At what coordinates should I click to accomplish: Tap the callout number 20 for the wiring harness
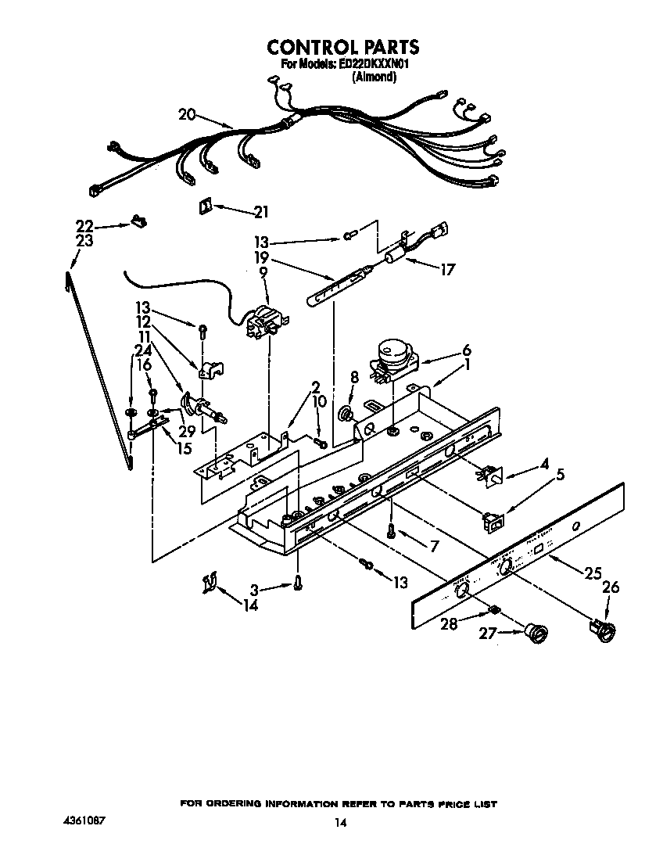point(186,114)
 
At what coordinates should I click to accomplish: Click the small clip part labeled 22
point(139,221)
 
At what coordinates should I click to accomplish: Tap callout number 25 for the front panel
point(591,573)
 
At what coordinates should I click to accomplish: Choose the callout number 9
point(263,272)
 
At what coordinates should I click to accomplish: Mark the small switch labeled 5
point(493,518)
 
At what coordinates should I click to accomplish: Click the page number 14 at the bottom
point(340,822)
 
